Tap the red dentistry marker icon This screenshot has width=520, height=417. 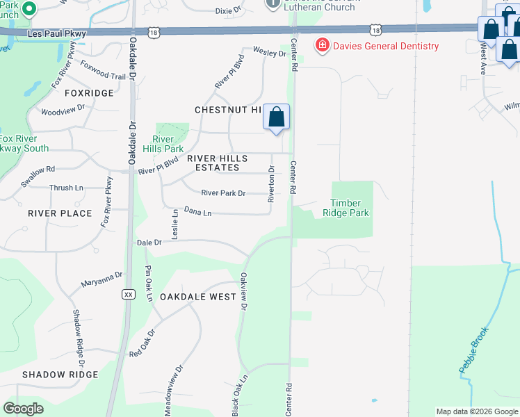click(322, 47)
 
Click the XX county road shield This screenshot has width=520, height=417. click(128, 294)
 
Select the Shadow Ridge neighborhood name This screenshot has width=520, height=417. click(60, 375)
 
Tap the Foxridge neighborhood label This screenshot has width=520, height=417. click(88, 93)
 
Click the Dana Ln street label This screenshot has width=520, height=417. click(197, 211)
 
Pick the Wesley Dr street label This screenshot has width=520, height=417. click(270, 52)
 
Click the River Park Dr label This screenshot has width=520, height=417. click(222, 193)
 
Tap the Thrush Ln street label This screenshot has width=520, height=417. click(66, 188)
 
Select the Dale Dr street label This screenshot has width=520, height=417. click(149, 243)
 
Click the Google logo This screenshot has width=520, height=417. click(24, 409)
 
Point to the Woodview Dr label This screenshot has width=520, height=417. click(63, 110)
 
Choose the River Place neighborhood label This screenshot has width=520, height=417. click(60, 213)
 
